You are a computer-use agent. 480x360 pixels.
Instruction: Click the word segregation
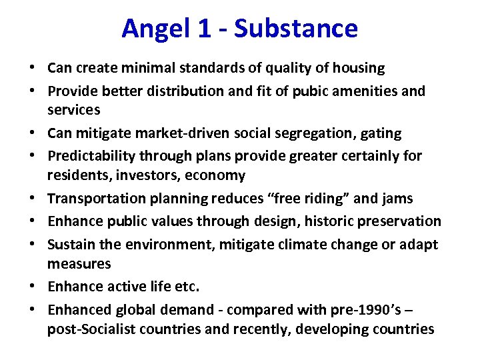click(310, 133)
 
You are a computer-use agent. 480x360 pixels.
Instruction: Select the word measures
click(79, 264)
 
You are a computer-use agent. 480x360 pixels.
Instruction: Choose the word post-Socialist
click(94, 329)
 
